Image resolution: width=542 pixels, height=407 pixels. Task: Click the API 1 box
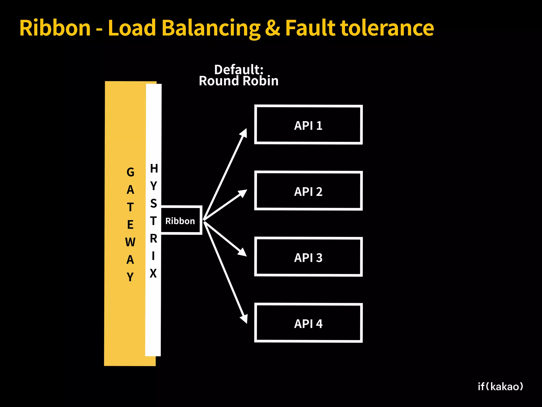point(308,125)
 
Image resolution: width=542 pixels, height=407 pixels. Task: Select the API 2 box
point(308,191)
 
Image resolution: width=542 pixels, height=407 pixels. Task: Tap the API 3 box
point(308,257)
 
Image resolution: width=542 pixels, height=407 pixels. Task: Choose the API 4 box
point(308,323)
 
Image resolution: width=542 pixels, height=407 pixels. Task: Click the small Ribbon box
point(181,220)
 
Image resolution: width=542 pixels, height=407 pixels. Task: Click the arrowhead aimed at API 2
point(242,193)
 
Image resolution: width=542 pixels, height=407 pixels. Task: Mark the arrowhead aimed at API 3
point(242,252)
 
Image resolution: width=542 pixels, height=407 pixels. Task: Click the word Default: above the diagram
point(239,70)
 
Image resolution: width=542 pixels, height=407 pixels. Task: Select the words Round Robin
point(239,81)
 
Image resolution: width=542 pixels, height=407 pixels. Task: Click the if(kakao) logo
point(500,387)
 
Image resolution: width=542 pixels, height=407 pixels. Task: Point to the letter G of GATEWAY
point(130,172)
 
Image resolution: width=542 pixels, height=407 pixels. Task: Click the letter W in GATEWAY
point(130,242)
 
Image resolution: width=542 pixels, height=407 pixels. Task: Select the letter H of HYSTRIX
point(154,169)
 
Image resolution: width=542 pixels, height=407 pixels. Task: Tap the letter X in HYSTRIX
point(153,273)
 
